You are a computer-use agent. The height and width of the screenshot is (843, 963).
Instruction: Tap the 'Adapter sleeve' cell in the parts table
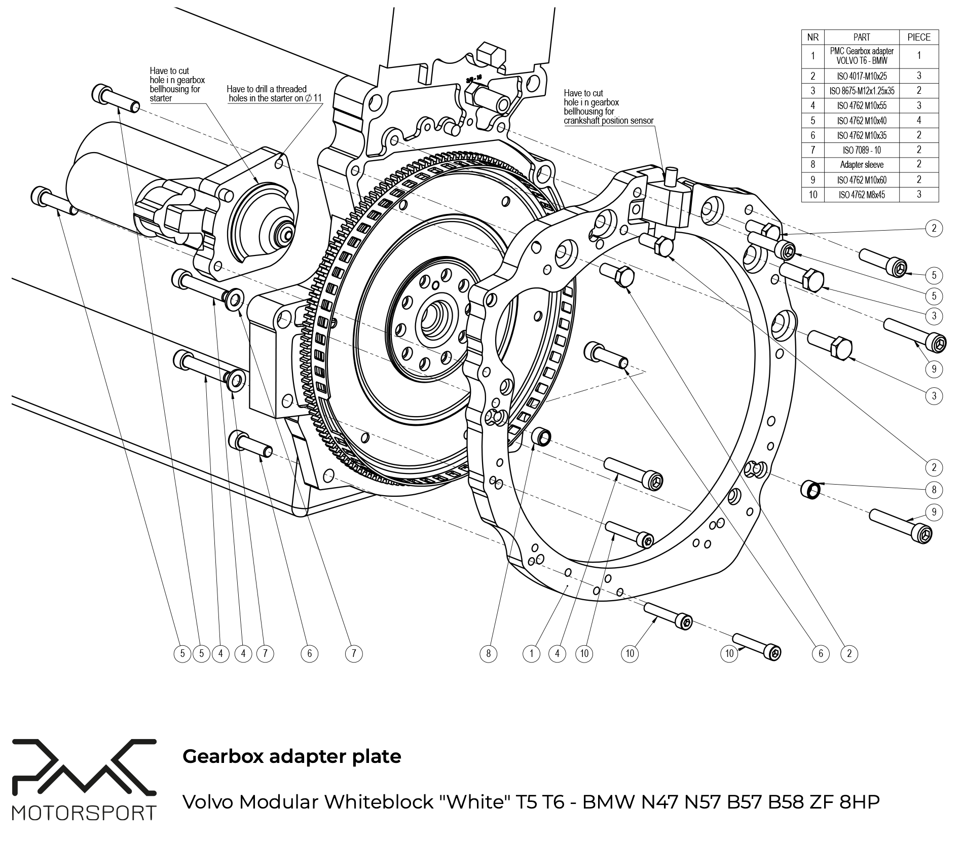coord(862,165)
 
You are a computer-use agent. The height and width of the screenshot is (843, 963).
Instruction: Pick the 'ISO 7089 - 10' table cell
coord(862,150)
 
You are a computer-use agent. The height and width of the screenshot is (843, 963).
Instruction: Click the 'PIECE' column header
coord(919,37)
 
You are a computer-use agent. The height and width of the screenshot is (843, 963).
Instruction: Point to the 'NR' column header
coord(813,37)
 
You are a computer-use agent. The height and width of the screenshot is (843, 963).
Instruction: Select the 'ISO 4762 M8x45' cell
coord(862,195)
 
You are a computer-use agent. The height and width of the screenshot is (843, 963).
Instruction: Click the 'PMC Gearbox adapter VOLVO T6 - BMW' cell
coord(862,56)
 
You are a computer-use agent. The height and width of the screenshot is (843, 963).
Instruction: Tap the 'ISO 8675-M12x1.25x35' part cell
coord(862,91)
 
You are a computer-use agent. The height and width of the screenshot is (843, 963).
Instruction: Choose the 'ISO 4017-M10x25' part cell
coord(862,76)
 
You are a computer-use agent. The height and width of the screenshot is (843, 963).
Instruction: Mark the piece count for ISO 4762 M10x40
coord(919,120)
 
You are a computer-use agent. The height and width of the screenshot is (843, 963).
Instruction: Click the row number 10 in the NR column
coord(813,195)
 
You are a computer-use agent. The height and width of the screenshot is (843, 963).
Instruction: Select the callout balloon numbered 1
coord(531,654)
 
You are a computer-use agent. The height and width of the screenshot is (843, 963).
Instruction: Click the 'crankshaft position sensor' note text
coord(609,121)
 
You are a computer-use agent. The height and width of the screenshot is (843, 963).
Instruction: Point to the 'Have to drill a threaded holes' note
coord(274,94)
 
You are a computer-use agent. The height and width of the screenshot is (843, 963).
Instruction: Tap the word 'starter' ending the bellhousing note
coord(161,98)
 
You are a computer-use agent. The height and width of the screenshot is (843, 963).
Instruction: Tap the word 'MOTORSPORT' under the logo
coord(84,813)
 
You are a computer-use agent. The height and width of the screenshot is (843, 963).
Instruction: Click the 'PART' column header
coord(862,37)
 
